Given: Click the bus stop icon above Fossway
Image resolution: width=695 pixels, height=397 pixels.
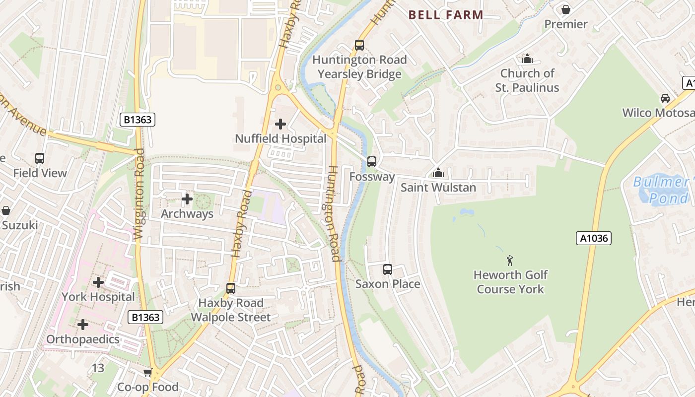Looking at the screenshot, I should (x=371, y=162).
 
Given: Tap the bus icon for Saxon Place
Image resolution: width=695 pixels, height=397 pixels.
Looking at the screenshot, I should (x=388, y=269).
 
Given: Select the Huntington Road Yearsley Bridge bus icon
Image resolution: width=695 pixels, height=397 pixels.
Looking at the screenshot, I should (x=359, y=45).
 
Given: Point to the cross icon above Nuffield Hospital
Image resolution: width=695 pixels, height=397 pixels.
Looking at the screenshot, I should (x=280, y=124).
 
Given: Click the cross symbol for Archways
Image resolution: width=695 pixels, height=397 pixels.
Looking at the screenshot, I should (x=187, y=199).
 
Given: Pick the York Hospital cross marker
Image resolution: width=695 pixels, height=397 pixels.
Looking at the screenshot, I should (x=98, y=282).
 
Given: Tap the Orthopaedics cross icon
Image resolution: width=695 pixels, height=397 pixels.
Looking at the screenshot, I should (x=83, y=325).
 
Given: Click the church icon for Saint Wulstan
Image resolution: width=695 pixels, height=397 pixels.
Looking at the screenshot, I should (x=438, y=173).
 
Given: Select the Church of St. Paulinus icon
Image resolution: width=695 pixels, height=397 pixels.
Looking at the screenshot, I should (x=527, y=59).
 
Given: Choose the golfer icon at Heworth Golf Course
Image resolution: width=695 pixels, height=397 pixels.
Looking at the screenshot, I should (x=510, y=260).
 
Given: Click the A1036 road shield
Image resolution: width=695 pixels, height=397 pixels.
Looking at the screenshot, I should (x=593, y=238).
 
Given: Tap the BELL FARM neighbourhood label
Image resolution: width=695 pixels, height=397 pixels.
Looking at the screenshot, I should (x=446, y=15).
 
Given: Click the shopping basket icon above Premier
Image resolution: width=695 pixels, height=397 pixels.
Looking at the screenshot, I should (x=565, y=9).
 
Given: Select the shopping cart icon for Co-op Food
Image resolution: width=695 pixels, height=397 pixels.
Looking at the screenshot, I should (x=147, y=372).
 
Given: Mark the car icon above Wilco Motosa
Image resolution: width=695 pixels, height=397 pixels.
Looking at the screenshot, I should (x=665, y=98).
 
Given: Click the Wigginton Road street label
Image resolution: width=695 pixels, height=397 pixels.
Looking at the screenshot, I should (x=139, y=194).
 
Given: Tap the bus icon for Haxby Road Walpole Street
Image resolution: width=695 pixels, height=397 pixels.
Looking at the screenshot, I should (x=231, y=288).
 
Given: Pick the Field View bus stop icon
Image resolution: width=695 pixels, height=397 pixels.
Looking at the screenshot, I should (x=40, y=158).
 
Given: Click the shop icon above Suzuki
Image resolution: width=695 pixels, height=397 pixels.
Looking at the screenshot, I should (x=6, y=210).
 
